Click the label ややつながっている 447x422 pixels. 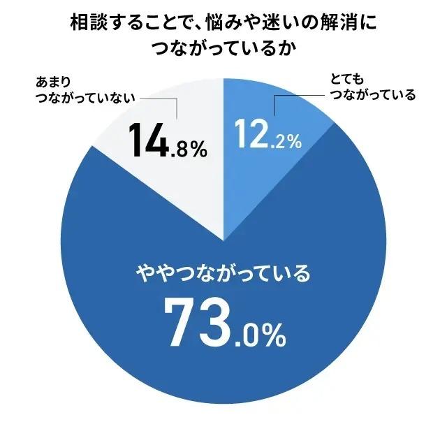(x=221, y=272)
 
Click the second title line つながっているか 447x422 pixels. (x=223, y=49)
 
